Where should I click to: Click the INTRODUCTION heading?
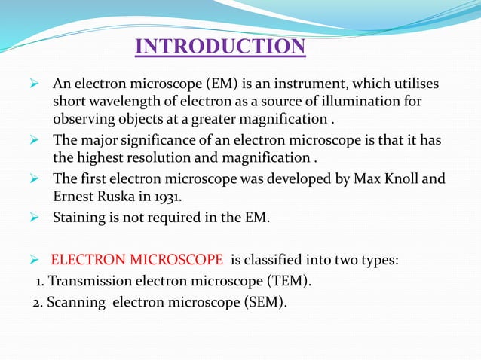pos(220,47)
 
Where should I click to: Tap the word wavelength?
pos(121,101)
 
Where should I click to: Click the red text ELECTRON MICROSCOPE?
pos(136,261)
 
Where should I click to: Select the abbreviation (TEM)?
pos(290,282)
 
